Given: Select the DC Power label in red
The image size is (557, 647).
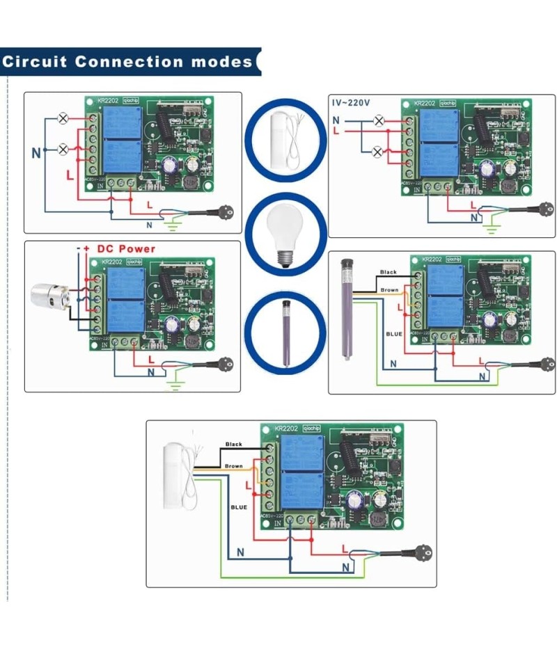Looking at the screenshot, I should pos(126,248).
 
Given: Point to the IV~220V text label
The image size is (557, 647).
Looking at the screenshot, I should pos(350,103).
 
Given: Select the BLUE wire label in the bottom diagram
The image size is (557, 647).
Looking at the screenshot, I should pos(239,507).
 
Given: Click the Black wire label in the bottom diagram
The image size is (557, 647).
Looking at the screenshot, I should pos(234,444).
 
